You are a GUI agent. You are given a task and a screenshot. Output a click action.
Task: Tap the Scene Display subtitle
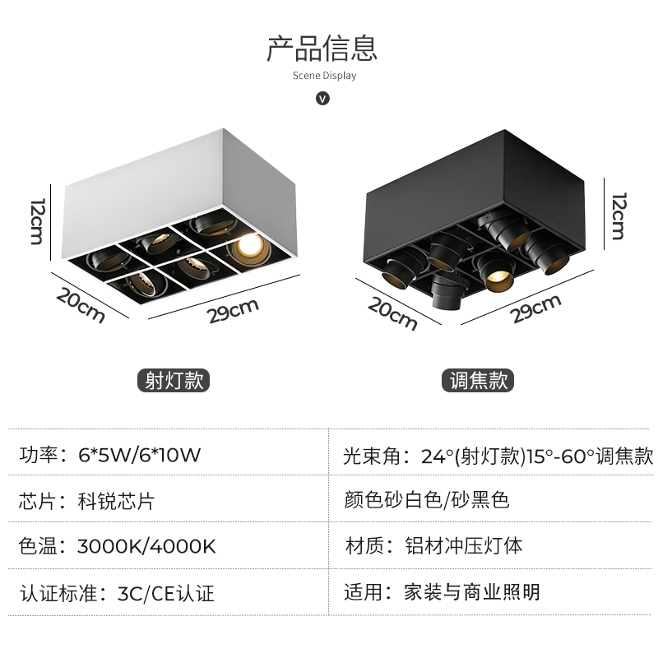[x=324, y=76]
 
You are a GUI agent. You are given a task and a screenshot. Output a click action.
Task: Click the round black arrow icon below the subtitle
[x=323, y=98]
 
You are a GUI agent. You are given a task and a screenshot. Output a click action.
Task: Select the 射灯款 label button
[x=174, y=380]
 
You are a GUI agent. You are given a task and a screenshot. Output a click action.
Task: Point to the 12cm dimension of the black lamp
[x=619, y=215]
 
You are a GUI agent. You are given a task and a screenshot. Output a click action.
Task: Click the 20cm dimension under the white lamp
[x=81, y=304]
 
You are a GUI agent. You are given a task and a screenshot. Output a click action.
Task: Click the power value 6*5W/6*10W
[x=139, y=455]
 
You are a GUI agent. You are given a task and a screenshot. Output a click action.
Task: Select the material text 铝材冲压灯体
[x=464, y=545]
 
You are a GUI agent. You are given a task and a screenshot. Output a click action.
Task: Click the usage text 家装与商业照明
[x=472, y=591]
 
